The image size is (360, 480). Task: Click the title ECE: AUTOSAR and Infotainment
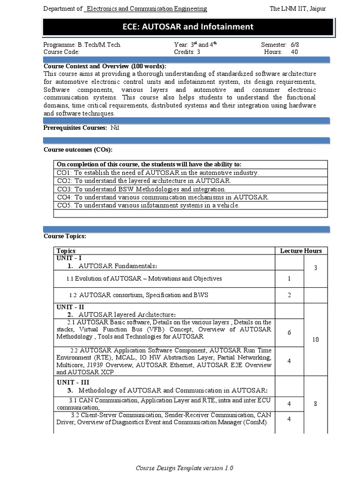(187, 27)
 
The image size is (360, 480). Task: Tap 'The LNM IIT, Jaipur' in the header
(298, 9)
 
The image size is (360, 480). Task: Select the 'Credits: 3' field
(187, 52)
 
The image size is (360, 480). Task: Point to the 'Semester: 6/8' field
(279, 45)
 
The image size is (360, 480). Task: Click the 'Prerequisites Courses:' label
(75, 128)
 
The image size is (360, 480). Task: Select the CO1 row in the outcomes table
(157, 172)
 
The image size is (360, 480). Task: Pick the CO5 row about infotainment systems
(148, 205)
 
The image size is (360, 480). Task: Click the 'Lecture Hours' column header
(301, 251)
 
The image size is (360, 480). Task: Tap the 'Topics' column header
(66, 251)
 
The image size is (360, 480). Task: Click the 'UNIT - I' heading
(69, 258)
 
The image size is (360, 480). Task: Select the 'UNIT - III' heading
(73, 382)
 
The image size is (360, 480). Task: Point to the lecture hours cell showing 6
(289, 332)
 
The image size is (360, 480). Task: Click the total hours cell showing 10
(315, 339)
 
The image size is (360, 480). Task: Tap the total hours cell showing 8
(315, 404)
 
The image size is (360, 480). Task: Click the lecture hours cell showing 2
(289, 295)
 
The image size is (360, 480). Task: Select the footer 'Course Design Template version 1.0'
(184, 468)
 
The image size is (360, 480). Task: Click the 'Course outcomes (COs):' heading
(78, 150)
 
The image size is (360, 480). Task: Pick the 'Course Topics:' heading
(65, 236)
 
